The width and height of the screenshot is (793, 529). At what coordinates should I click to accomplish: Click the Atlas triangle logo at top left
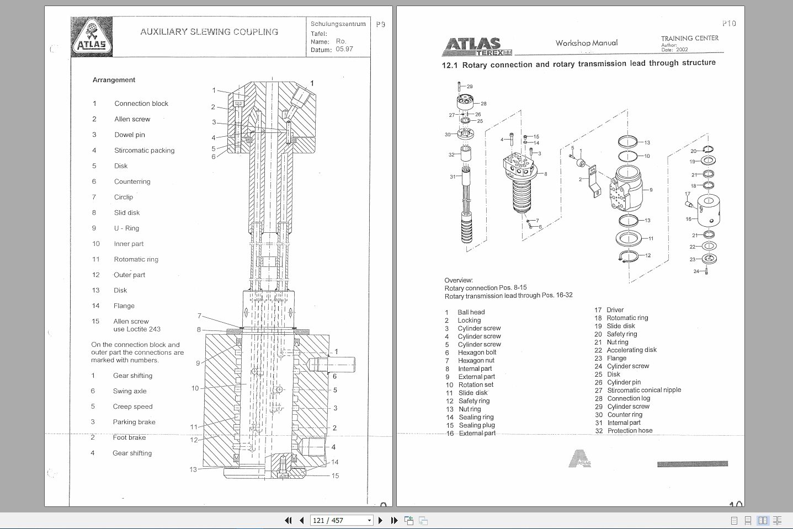pos(92,38)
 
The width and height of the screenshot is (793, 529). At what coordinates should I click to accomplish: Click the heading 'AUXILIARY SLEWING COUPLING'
pos(209,32)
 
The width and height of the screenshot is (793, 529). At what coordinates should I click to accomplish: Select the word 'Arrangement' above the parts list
pos(114,80)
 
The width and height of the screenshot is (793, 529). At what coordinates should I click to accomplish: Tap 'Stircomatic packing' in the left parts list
pos(144,150)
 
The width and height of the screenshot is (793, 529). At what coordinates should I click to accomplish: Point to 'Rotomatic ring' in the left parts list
pos(136,259)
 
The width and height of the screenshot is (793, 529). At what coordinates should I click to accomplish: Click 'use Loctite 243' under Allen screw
pos(137,329)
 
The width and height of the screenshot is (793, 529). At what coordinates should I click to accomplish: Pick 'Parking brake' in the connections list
pos(134,422)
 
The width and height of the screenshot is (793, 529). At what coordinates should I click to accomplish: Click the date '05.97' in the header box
pos(344,49)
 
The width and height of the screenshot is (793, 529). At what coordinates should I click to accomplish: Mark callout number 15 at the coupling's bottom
pos(335,475)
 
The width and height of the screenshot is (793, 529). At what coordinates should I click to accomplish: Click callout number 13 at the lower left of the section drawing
pos(193,469)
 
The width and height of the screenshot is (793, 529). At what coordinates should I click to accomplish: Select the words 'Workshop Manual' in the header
pos(587,43)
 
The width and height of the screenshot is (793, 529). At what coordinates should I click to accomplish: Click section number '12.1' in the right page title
pos(449,65)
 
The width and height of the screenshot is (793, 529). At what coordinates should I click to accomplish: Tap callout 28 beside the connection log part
pos(483,104)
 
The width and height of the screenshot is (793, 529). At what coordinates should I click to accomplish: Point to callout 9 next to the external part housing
pos(651,190)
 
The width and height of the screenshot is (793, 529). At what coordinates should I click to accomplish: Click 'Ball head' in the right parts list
pos(471,312)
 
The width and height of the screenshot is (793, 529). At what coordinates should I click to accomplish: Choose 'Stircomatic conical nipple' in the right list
pos(644,390)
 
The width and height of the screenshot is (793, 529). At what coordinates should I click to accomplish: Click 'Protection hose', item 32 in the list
pos(630,431)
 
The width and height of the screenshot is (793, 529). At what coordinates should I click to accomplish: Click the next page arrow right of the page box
pos(380,520)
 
